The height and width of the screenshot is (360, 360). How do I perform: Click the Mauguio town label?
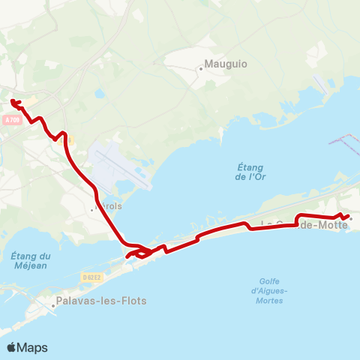point(228,65)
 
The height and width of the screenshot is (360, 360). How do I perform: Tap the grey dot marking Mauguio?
point(201,69)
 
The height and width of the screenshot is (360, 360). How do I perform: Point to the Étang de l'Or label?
point(247,172)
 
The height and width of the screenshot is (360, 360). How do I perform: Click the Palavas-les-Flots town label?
point(100,302)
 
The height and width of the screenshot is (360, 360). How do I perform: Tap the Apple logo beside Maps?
point(12,347)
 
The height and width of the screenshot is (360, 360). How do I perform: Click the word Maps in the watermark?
point(32,347)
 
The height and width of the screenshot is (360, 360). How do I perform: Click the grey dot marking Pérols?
point(92,210)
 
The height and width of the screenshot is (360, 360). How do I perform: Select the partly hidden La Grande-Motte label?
point(304,224)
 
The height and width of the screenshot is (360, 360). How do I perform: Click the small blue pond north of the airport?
point(100,94)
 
